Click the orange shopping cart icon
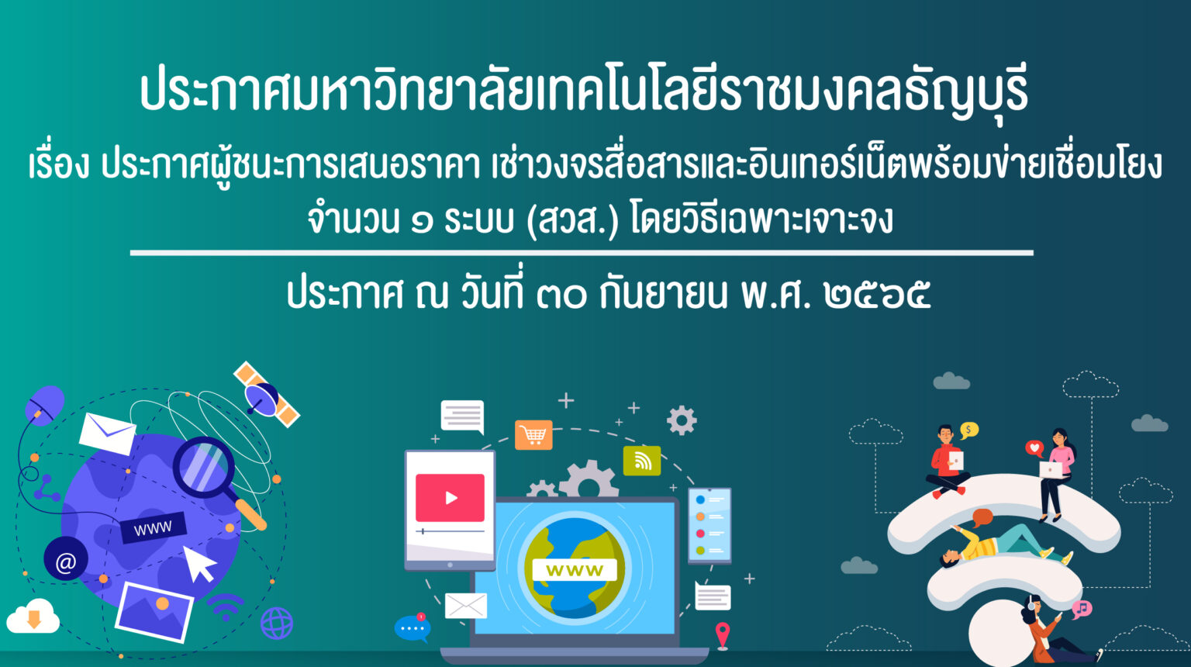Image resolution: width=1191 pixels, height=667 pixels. click(533, 435)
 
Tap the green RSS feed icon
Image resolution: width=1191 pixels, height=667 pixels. click(642, 461)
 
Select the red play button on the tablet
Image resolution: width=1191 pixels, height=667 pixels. click(450, 498)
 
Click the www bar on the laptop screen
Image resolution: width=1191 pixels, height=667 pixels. click(575, 570)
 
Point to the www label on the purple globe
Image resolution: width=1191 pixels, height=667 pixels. click(153, 528)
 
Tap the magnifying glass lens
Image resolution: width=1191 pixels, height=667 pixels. click(204, 467)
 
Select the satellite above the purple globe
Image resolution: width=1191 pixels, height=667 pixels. click(266, 394)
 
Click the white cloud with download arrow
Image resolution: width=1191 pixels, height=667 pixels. click(33, 617)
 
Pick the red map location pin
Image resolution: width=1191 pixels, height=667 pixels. click(722, 635)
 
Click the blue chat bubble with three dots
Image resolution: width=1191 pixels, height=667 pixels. click(412, 628)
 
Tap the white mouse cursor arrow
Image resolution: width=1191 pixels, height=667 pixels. click(198, 565)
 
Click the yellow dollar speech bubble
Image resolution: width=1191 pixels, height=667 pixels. click(968, 430)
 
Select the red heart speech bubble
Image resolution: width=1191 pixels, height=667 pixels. click(1034, 448)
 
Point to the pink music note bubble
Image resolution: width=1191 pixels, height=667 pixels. click(1082, 609)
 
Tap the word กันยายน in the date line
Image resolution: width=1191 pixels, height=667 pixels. click(663, 293)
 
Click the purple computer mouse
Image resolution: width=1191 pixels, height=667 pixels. click(44, 405)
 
